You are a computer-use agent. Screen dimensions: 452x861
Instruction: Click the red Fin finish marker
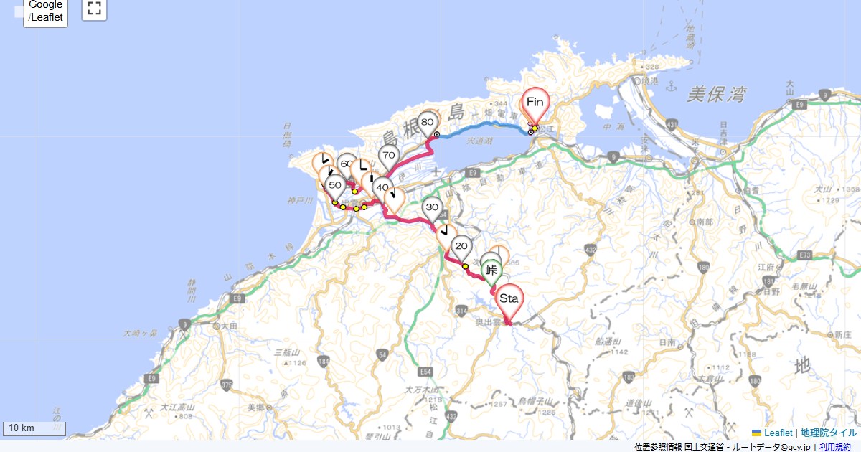(535, 103)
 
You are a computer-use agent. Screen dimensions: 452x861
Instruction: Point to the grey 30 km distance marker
(432, 208)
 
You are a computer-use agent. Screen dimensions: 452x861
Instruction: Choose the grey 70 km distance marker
(388, 155)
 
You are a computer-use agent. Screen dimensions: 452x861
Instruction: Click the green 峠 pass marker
(491, 270)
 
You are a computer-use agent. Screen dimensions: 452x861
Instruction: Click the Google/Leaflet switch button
(46, 12)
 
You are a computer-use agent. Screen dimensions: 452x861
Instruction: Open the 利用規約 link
(835, 447)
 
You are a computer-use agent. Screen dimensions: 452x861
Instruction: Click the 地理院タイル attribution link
(829, 433)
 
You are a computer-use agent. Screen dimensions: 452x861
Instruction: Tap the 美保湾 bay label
(716, 94)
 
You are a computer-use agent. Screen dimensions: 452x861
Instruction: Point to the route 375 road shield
(227, 385)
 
